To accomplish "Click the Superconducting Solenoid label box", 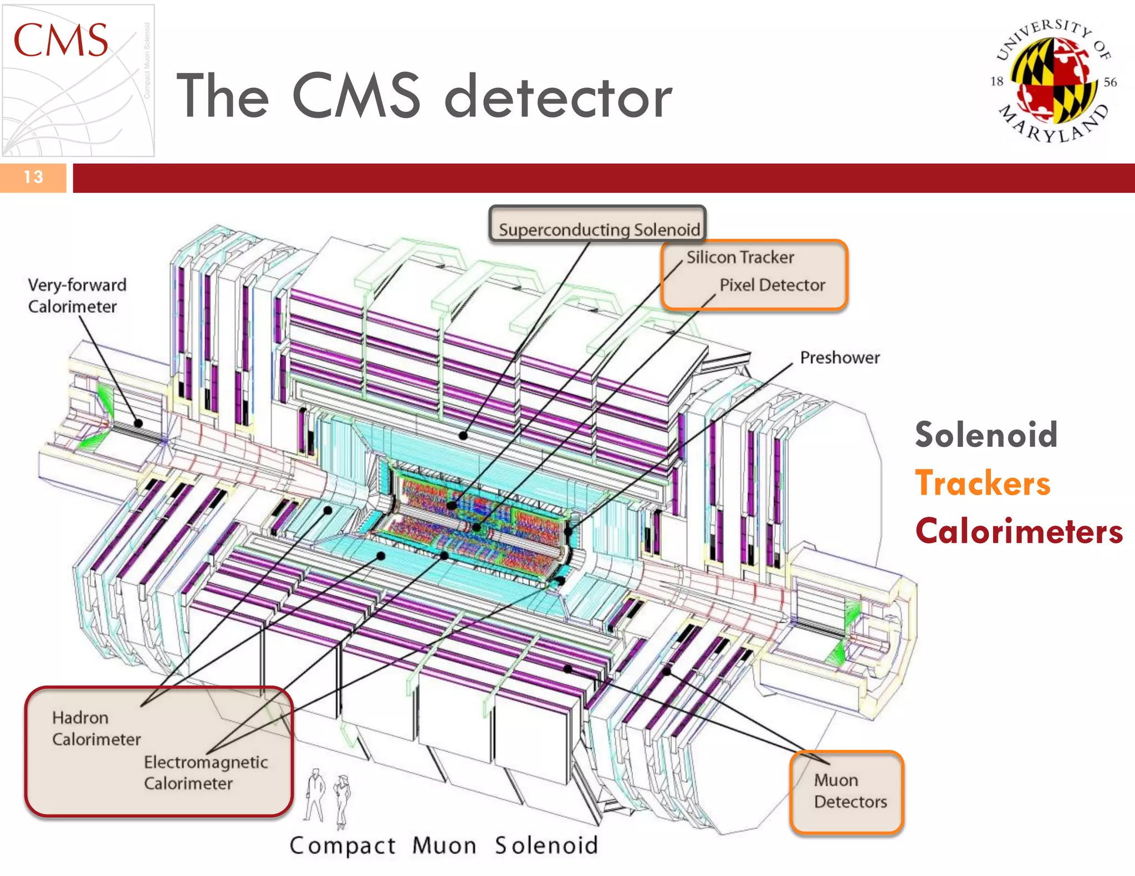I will [597, 225].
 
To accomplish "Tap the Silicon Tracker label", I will [740, 257].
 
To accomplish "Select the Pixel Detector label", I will [772, 285].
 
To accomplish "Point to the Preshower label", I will [840, 358].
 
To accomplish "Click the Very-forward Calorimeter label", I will [77, 296].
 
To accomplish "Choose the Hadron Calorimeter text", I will [96, 729].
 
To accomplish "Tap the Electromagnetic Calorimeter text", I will [205, 773].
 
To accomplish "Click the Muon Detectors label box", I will [847, 792].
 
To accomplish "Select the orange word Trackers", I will [983, 483].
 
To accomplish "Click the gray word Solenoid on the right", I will [986, 435].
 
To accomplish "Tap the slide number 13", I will [33, 177].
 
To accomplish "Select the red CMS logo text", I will [61, 41].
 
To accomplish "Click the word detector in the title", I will [558, 97].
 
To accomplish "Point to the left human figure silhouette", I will [315, 795].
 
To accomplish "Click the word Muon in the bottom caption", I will [444, 846].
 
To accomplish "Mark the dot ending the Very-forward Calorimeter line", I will [139, 424].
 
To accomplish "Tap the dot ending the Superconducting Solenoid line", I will [463, 436].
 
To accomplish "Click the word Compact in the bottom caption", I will [342, 846].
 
